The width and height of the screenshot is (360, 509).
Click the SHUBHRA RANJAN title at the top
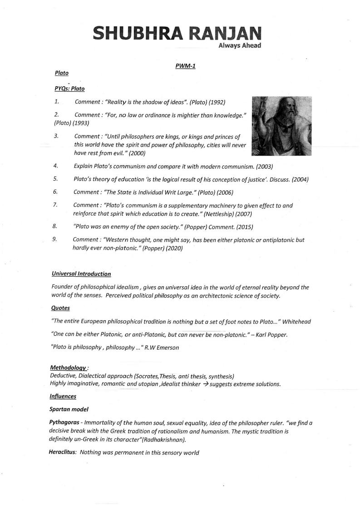pos(177,34)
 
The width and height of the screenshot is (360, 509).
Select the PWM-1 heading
pos(185,66)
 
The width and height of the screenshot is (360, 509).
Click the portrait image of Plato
pos(281,126)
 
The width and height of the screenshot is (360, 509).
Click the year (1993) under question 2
pos(80,122)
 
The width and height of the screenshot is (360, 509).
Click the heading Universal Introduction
pos(81,274)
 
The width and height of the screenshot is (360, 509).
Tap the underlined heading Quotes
pos(60,308)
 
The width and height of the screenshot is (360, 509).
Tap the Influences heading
pos(63,396)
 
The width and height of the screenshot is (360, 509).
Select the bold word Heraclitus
pos(62,452)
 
